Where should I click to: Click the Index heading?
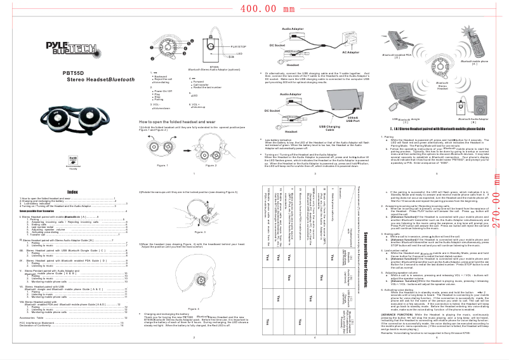tap(73, 192)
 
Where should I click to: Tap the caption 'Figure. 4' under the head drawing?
tap(194, 326)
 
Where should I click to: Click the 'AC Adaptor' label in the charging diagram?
tap(351, 52)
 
